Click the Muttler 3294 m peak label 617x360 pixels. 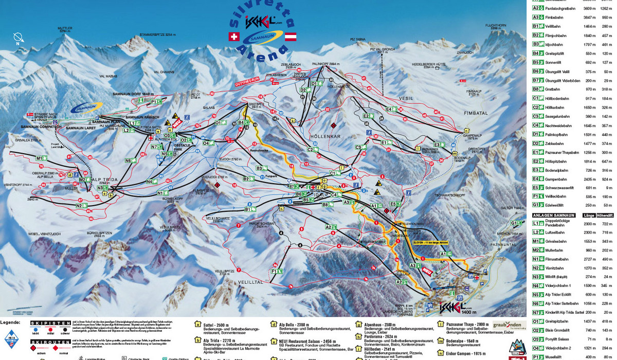click(64, 30)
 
